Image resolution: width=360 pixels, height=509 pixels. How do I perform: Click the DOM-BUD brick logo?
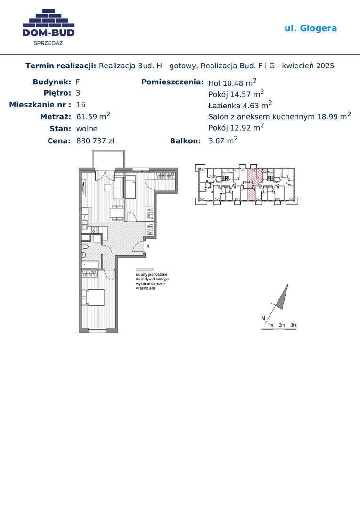pyautogui.click(x=49, y=23)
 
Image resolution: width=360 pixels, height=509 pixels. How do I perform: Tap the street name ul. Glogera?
pyautogui.click(x=311, y=28)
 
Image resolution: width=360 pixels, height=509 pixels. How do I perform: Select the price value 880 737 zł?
pyautogui.click(x=95, y=141)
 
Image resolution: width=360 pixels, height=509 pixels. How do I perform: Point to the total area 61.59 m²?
pyautogui.click(x=93, y=116)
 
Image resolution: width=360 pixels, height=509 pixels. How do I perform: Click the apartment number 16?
pyautogui.click(x=81, y=105)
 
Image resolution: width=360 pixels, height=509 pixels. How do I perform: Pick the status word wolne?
pyautogui.click(x=87, y=129)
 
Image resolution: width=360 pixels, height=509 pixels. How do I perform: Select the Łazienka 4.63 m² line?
pyautogui.click(x=240, y=105)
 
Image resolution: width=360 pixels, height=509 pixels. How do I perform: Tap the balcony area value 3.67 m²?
pyautogui.click(x=223, y=140)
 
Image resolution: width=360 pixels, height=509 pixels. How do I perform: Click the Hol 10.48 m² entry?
pyautogui.click(x=232, y=82)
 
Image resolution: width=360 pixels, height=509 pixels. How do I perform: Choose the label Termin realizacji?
pyautogui.click(x=61, y=66)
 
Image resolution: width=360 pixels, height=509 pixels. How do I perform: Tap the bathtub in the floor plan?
pyautogui.click(x=90, y=264)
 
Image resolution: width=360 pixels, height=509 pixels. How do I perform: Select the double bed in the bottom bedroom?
pyautogui.click(x=93, y=297)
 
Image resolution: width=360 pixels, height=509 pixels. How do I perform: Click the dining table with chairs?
pyautogui.click(x=117, y=213)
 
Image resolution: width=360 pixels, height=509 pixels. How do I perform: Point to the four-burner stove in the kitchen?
pyautogui.click(x=96, y=230)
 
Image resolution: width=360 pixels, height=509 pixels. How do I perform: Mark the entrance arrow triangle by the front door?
pyautogui.click(x=147, y=246)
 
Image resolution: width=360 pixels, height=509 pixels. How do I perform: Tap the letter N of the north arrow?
pyautogui.click(x=263, y=319)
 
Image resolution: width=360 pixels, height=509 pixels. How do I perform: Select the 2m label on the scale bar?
pyautogui.click(x=282, y=325)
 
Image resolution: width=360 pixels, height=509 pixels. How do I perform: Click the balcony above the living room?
pyautogui.click(x=108, y=159)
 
